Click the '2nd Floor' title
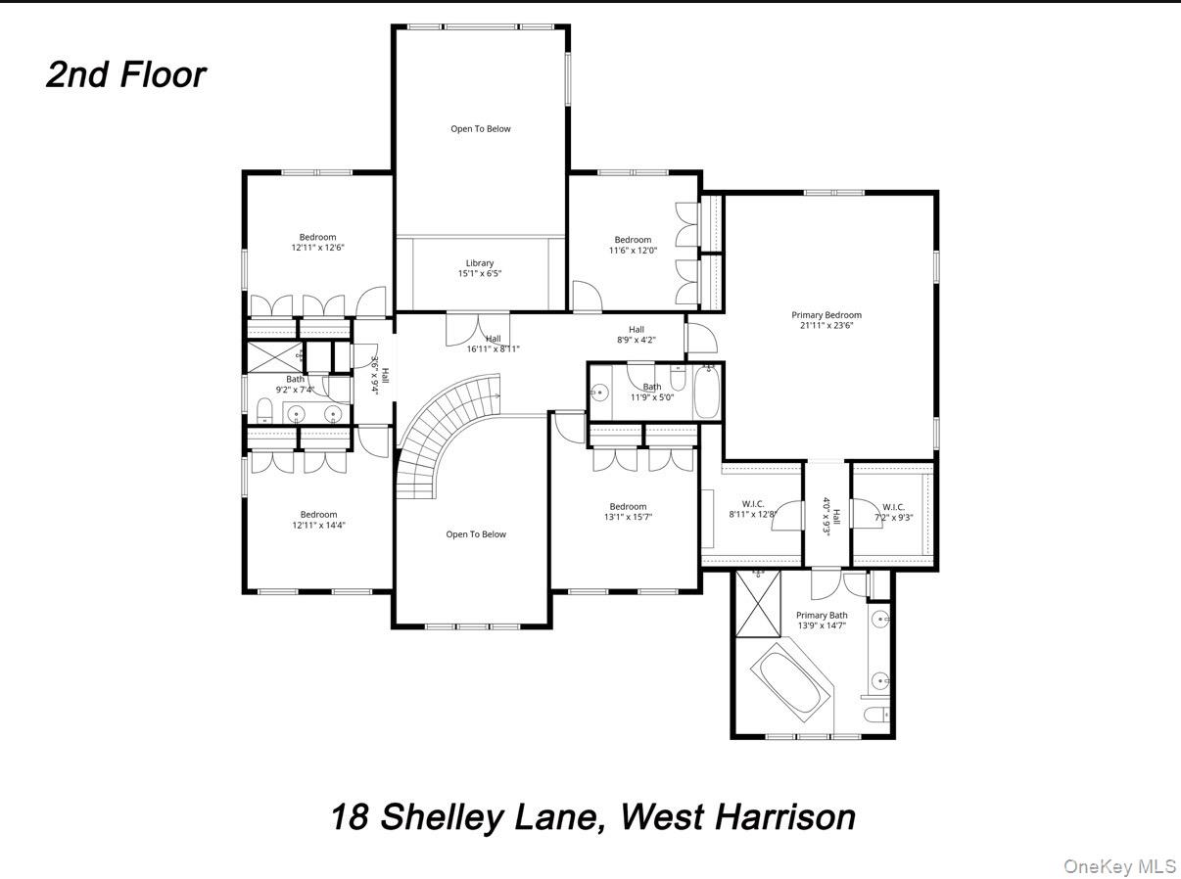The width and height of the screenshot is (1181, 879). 125,75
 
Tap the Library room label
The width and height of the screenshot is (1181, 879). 480,263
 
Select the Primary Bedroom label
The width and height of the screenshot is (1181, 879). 827,315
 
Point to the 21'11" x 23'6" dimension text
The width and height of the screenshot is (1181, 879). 827,326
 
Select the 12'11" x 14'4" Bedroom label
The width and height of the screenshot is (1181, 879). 318,515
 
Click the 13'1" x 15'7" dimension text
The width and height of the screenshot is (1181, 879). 629,517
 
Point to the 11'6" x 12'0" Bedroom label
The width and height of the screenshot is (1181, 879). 633,240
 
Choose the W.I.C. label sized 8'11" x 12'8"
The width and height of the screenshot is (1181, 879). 752,504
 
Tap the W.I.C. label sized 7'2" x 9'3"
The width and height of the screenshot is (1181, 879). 893,507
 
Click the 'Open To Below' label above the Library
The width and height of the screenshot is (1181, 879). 480,129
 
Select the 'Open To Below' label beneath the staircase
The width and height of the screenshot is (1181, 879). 476,534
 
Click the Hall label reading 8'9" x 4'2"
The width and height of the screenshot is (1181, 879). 637,330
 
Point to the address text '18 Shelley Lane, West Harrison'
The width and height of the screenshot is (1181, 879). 592,816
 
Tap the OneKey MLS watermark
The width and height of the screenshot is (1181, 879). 1119,866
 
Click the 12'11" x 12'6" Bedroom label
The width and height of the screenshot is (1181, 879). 317,237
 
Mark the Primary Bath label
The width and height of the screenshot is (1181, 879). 822,616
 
